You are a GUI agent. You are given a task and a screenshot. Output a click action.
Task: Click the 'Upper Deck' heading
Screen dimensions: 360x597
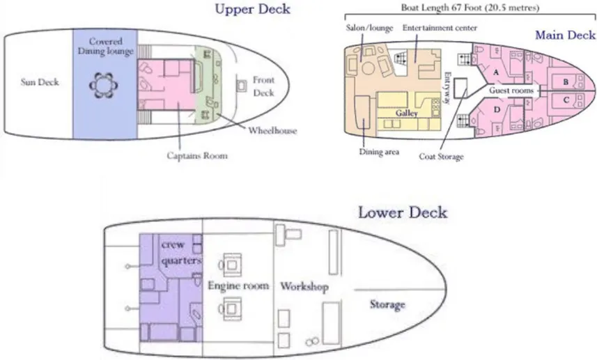[252, 9]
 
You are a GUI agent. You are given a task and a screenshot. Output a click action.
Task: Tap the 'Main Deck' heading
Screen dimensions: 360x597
[564, 35]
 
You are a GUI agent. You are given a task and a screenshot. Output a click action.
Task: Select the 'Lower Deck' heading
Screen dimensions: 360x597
[402, 212]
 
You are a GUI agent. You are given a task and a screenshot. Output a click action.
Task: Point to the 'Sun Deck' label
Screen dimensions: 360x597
[39, 82]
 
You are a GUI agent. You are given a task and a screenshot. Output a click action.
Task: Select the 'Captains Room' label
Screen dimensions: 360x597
[196, 155]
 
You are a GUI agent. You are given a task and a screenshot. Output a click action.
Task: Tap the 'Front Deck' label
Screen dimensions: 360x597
[263, 85]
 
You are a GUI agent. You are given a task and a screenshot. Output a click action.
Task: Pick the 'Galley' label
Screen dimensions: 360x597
[406, 112]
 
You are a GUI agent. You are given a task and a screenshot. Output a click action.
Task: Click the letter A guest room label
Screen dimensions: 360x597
[495, 72]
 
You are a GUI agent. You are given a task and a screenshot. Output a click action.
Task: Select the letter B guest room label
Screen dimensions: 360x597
[566, 81]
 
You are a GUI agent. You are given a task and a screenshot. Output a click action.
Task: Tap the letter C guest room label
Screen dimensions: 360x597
[566, 100]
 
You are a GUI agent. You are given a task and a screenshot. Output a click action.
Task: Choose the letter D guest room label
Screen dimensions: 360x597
[496, 109]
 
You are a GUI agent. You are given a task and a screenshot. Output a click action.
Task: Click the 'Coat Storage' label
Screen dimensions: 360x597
[441, 157]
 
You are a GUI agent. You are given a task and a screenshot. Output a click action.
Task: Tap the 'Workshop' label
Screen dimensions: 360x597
[304, 287]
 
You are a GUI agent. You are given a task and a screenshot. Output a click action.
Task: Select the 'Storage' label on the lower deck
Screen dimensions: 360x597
[387, 305]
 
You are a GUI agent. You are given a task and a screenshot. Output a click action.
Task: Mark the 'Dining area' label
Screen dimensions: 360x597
[379, 152]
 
